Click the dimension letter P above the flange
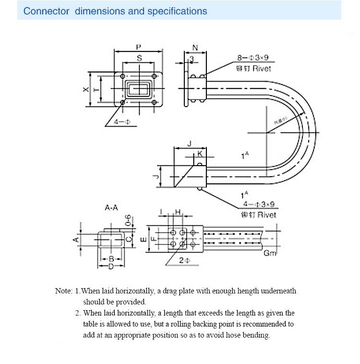[x=138, y=47]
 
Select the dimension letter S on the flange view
[x=139, y=58]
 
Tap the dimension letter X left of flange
[x=85, y=90]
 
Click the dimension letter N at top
[x=195, y=48]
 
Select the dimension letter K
[x=200, y=154]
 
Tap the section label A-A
[x=111, y=208]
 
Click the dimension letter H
[x=178, y=212]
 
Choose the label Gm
[x=270, y=253]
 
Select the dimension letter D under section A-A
[x=110, y=266]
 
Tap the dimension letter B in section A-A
[x=110, y=259]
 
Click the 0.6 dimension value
[x=128, y=220]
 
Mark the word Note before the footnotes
[x=63, y=291]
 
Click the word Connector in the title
[x=47, y=11]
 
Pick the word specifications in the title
[x=177, y=11]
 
